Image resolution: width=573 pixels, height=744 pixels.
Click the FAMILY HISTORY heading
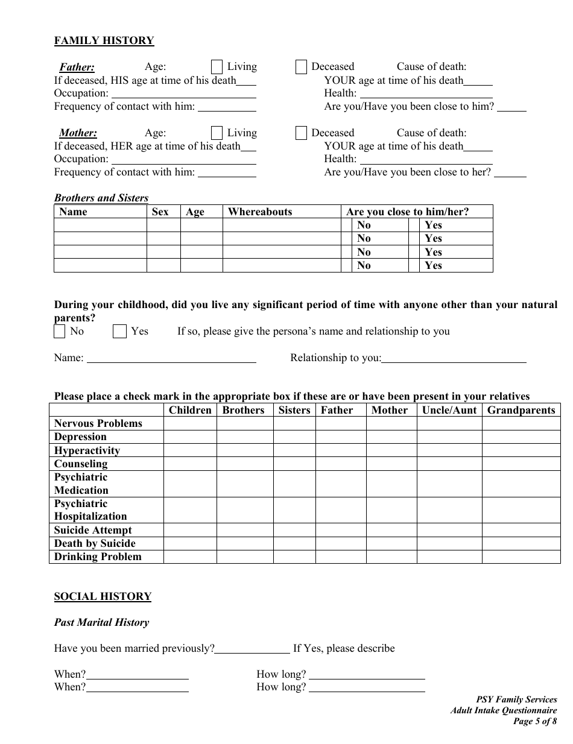pos(104,40)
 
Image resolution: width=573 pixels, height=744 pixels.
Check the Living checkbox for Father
pos(217,67)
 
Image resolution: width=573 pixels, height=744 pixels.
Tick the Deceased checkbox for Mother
pos(301,133)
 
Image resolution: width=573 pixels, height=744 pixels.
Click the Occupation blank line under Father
pos(184,94)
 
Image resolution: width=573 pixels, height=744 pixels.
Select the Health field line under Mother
pos(426,160)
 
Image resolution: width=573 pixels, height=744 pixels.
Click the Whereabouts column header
pos(260,212)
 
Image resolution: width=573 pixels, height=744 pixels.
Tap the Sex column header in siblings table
pos(160,212)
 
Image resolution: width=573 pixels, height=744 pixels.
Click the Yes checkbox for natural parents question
pos(119,332)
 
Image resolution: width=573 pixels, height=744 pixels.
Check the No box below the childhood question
pos(59,332)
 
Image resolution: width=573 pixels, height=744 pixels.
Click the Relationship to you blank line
pos(454,358)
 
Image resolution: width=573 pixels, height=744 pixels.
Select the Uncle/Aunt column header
pos(449,410)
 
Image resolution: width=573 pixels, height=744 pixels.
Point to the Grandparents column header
pos(521,410)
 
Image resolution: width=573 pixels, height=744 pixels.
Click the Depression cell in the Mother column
pos(391,437)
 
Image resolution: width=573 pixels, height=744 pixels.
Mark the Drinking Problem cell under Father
pos(340,556)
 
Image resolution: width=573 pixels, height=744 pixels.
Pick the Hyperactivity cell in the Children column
pos(189,450)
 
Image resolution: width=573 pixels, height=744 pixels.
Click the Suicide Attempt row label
pos(93,530)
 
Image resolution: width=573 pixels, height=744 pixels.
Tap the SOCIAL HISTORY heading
pos(103,596)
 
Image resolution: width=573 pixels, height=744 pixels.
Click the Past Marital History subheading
pos(101,622)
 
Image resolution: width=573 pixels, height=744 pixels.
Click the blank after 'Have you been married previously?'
pos(252,649)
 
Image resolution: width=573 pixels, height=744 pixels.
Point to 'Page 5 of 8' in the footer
pos(534,720)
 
